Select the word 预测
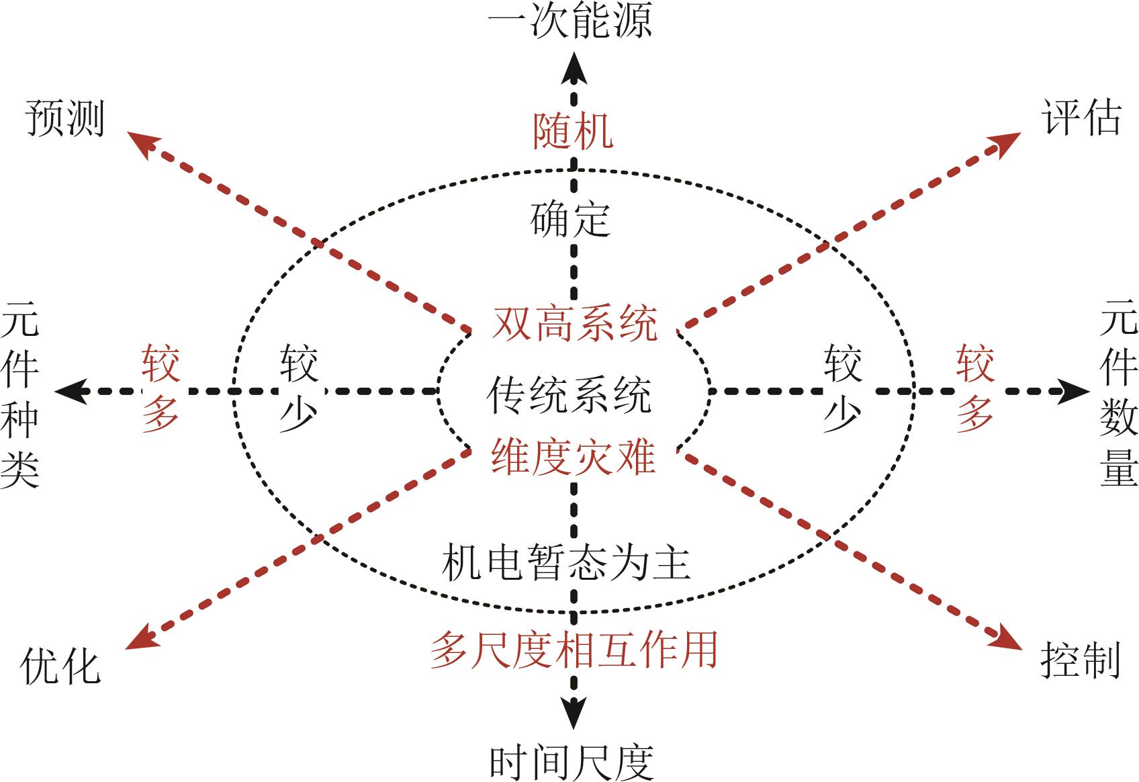coord(65,119)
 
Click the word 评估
coord(1081,118)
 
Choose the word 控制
coord(1081,660)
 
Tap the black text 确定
coord(570,219)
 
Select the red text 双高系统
coord(575,323)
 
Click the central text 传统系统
coord(569,394)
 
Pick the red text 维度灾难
coord(574,458)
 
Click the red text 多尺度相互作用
coord(574,650)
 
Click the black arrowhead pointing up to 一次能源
coord(574,69)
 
